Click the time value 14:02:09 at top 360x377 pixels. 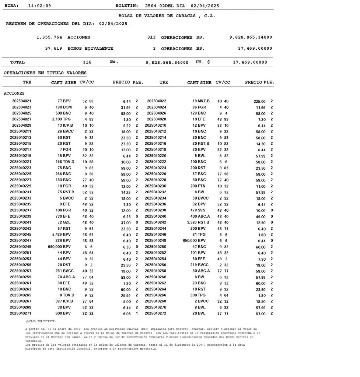tap(39, 6)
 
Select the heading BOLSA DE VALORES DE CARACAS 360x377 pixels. tap(167, 16)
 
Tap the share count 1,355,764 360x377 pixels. tap(49, 37)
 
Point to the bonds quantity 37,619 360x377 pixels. tap(53, 48)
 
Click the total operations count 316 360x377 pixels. tap(87, 62)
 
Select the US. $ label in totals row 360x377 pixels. tap(203, 62)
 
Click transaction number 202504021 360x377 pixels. tap(22, 101)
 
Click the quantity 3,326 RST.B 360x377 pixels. tap(198, 222)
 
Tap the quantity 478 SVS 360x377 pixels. tap(201, 210)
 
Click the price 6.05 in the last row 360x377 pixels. tap(126, 314)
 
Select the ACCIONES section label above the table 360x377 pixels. tap(14, 94)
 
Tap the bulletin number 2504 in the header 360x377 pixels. tap(151, 6)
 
